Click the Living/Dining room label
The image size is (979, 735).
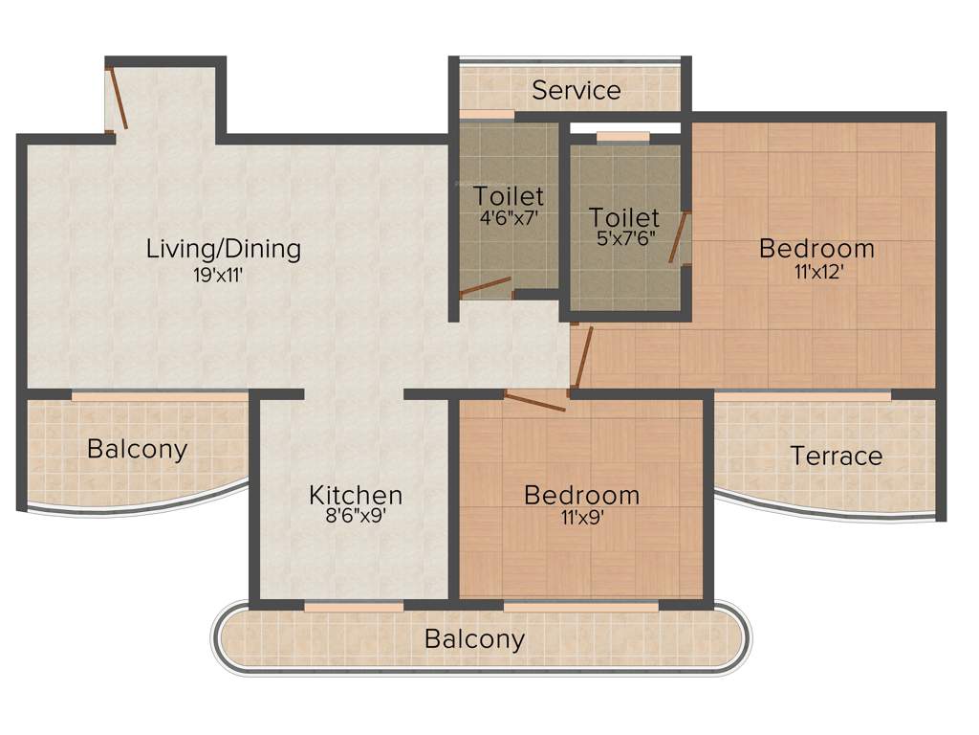click(223, 249)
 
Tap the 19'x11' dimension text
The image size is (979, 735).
click(223, 278)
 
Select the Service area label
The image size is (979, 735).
click(577, 91)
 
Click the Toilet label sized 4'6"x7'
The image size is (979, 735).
click(509, 196)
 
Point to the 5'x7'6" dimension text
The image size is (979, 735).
click(623, 238)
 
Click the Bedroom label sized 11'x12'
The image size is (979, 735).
click(816, 249)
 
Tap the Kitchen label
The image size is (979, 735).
click(355, 496)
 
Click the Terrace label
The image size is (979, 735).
click(837, 457)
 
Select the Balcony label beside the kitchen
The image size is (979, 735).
click(137, 449)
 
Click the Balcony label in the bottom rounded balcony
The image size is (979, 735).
click(475, 638)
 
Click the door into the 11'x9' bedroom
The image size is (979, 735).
click(534, 402)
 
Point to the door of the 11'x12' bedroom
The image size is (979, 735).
click(580, 360)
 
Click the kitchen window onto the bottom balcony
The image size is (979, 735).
click(353, 607)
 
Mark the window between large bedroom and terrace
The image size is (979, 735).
click(803, 393)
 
